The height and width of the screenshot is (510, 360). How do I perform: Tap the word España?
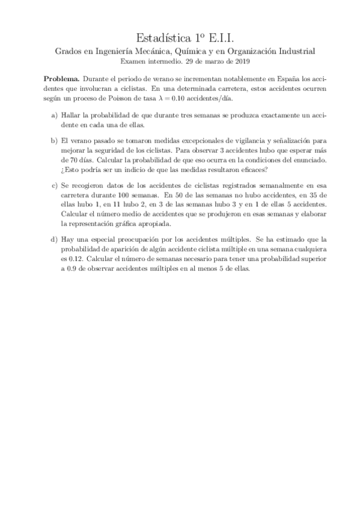pyautogui.click(x=288, y=79)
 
